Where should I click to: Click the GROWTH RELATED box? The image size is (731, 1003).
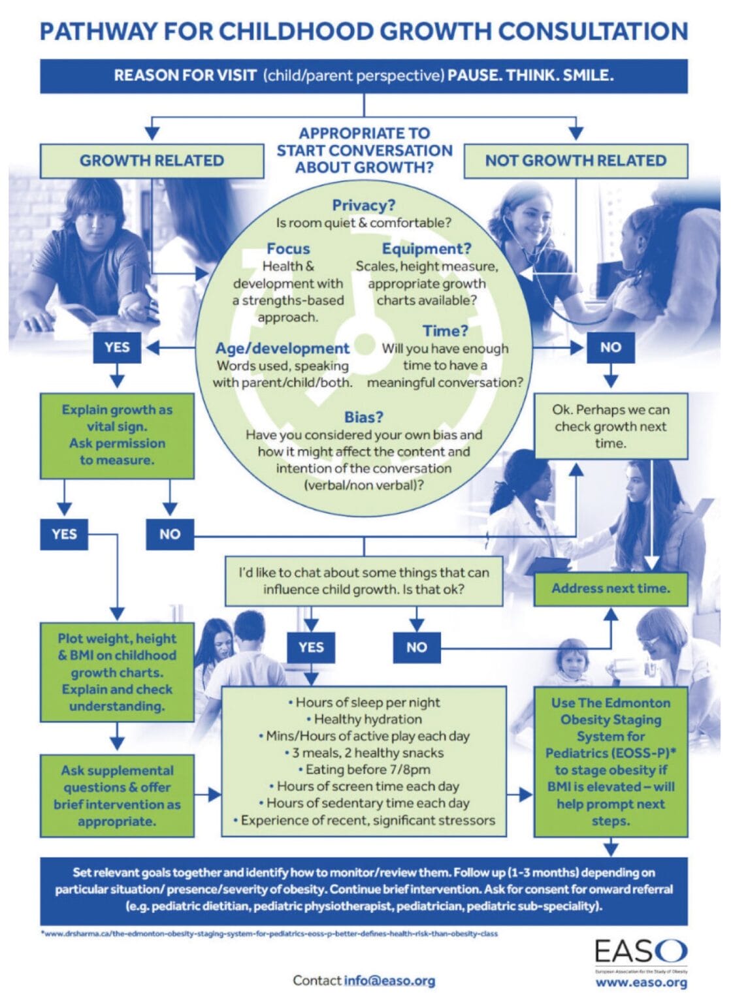(152, 161)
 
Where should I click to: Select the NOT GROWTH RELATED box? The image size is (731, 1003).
(575, 161)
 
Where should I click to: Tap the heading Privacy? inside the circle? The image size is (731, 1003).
(363, 205)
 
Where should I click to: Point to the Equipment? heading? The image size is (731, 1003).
(426, 249)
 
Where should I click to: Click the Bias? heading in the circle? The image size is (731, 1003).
(363, 417)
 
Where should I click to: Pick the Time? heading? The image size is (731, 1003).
(445, 331)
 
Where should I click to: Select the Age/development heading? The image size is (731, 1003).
(282, 349)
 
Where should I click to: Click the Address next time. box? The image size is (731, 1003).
(610, 588)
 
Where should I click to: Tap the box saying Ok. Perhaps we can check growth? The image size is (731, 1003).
(610, 426)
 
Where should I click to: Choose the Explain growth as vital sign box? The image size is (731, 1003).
(117, 435)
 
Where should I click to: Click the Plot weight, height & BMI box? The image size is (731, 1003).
(117, 672)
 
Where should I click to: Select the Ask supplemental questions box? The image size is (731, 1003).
(117, 795)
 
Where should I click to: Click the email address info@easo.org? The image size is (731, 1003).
(389, 981)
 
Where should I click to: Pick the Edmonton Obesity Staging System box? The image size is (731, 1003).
(610, 761)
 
